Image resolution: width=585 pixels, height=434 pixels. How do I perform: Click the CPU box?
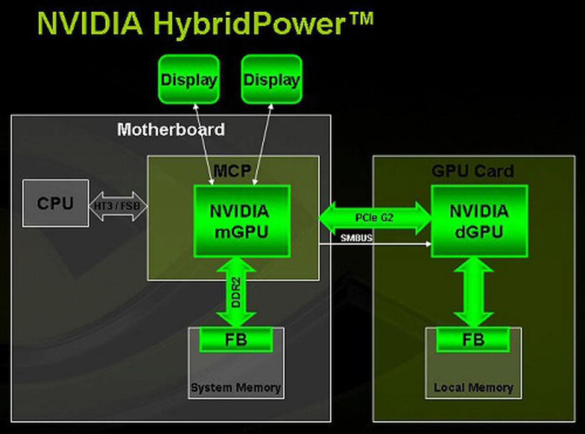(x=55, y=203)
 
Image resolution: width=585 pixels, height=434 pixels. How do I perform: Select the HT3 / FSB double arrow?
(x=117, y=206)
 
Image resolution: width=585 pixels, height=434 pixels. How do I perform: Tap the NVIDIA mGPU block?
(x=242, y=221)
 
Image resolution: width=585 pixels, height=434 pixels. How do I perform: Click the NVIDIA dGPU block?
(x=479, y=221)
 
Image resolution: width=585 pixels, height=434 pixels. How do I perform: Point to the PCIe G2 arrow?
(x=374, y=218)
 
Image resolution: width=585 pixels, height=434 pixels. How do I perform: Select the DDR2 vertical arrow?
(x=236, y=293)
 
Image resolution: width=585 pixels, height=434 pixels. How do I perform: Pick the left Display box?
(x=189, y=80)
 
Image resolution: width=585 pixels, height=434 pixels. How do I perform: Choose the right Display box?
(x=271, y=80)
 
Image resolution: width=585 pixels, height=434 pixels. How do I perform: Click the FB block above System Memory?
(x=236, y=340)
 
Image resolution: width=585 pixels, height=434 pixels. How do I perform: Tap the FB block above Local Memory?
(x=473, y=340)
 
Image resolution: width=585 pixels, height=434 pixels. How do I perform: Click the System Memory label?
(x=236, y=388)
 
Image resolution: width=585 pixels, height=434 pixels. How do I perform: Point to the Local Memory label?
(x=473, y=388)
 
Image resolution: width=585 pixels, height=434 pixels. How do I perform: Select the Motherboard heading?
(x=171, y=130)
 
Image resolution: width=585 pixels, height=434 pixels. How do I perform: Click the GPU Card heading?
(x=473, y=171)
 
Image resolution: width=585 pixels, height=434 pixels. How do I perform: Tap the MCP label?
(x=232, y=171)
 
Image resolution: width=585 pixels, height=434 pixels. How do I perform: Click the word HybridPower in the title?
(x=249, y=24)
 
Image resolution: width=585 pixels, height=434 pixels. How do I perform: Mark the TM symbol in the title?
(x=362, y=19)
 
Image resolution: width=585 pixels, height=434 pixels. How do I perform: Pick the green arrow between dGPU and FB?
(x=473, y=293)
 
